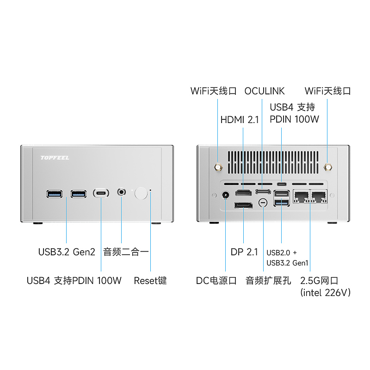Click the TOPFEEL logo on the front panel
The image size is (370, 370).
click(55, 158)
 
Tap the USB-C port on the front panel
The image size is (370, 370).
click(101, 192)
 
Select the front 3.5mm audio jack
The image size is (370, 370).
click(122, 191)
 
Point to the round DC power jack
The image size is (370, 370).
click(226, 196)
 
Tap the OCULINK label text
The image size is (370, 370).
click(265, 91)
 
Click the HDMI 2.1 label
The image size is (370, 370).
click(240, 120)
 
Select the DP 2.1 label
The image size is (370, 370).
click(244, 252)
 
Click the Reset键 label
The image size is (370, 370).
click(150, 280)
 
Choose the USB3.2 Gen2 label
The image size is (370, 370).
click(67, 252)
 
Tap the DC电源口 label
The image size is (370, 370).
click(216, 280)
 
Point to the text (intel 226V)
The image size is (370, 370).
click(326, 292)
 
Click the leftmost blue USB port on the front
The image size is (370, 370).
click(53, 192)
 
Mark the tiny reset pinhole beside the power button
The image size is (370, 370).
click(150, 191)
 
